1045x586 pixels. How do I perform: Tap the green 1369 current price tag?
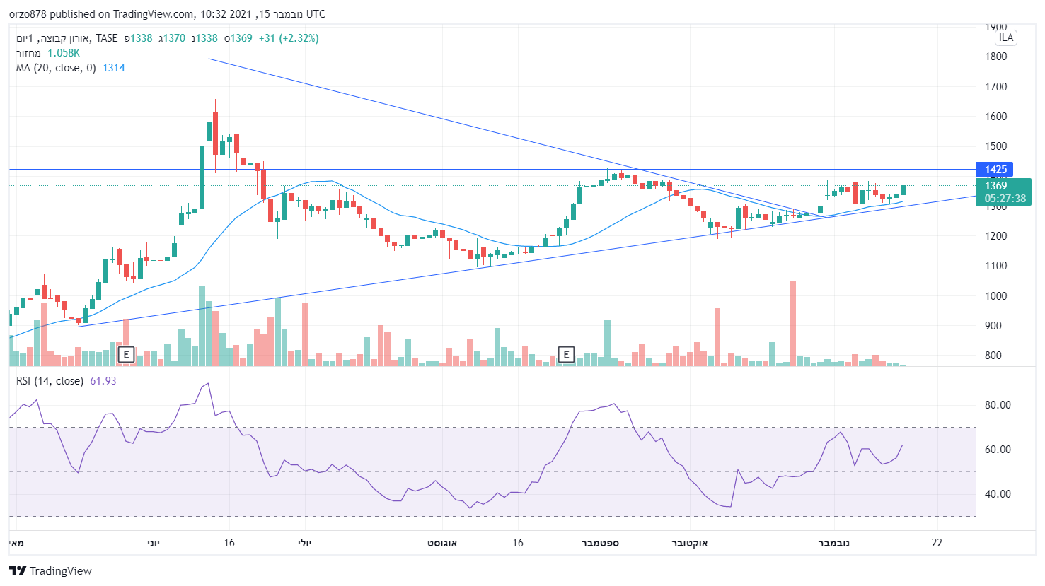point(996,186)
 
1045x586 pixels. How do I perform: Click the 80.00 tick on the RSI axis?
point(998,405)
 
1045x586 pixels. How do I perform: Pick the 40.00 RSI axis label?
point(998,494)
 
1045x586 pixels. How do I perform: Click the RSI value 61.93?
point(103,381)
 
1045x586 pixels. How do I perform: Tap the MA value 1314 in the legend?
point(113,68)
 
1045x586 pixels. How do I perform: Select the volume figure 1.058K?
point(64,53)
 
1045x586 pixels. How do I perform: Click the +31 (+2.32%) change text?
point(289,38)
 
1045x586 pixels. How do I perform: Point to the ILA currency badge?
point(1005,38)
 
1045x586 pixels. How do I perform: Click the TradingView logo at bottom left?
point(51,570)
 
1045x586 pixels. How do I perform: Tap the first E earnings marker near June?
point(126,354)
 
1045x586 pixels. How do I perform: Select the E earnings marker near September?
point(566,354)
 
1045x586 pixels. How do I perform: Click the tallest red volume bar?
point(793,322)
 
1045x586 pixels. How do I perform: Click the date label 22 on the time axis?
point(937,543)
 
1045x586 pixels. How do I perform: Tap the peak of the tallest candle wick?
point(209,59)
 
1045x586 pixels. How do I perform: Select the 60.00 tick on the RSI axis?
point(998,450)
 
